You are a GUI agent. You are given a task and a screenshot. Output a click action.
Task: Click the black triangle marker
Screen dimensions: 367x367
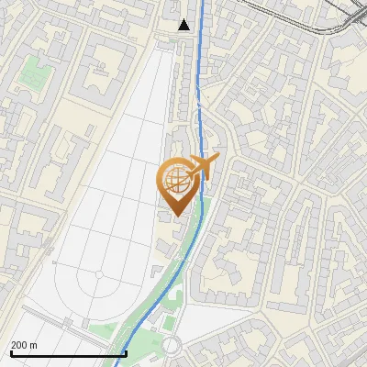tap(184, 25)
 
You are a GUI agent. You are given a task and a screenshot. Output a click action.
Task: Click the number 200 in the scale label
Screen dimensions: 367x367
tap(20, 344)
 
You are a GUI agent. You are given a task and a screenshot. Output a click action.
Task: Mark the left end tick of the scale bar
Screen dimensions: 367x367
tap(11, 352)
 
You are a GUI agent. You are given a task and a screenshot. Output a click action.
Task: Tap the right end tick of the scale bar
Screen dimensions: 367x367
tap(126, 352)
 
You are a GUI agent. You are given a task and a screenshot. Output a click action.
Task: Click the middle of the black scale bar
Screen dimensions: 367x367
tap(69, 353)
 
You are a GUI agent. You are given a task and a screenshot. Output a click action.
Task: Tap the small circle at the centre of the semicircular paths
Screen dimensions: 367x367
tap(98, 275)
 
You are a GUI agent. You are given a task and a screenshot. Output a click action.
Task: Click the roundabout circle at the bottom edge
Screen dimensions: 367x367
tap(172, 347)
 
